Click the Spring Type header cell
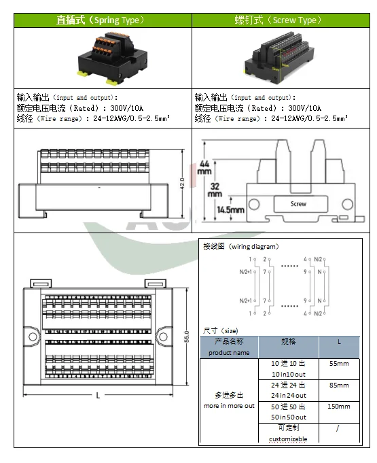coord(102,20)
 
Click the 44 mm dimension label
coord(205,167)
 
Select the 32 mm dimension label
coord(215,189)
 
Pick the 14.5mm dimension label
coord(230,210)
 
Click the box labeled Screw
coord(298,203)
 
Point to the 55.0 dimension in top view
coord(185,336)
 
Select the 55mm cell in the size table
coord(339,364)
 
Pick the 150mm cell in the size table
coord(339,407)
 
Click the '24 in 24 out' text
coord(288,395)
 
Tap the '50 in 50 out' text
coord(288,417)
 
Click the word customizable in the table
coord(288,439)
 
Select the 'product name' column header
coord(229,352)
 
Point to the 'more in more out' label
coord(229,405)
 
